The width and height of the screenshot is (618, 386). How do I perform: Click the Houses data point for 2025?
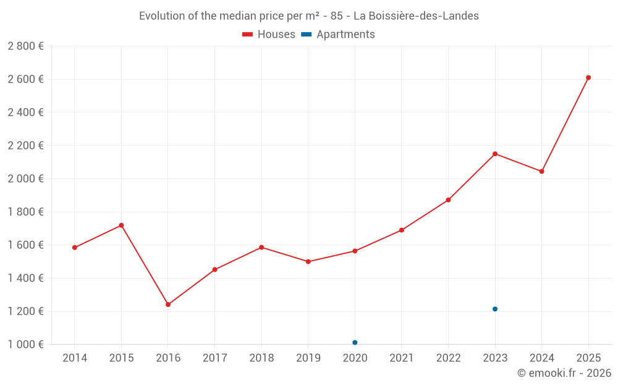tap(588, 78)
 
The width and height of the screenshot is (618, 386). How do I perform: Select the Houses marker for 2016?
tap(168, 304)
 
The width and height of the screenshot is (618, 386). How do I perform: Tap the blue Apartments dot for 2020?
tap(355, 342)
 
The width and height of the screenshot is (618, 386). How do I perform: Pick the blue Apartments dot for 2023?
tap(495, 309)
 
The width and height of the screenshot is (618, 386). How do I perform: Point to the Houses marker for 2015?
tap(121, 225)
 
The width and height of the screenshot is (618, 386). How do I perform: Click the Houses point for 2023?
tap(495, 154)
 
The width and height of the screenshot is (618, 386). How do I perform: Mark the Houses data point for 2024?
tap(542, 171)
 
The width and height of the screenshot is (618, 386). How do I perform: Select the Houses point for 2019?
tap(308, 262)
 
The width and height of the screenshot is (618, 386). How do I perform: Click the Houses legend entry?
tap(269, 35)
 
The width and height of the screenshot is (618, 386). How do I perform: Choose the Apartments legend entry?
tap(338, 35)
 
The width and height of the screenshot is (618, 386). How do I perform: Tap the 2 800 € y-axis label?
tap(25, 46)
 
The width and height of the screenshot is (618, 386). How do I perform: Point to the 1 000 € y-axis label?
tap(25, 345)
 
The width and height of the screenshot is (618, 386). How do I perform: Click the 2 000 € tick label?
tap(25, 178)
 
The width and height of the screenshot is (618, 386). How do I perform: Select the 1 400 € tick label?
tap(25, 278)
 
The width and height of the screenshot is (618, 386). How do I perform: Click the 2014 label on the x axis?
tap(75, 358)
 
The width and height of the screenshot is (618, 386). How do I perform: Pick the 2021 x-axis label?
tap(402, 358)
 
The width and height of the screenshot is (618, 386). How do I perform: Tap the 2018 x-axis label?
tap(261, 358)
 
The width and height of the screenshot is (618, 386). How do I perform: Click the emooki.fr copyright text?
tap(564, 373)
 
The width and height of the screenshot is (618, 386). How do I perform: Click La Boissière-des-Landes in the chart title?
tap(416, 16)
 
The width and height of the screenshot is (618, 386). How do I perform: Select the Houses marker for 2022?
tap(449, 200)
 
